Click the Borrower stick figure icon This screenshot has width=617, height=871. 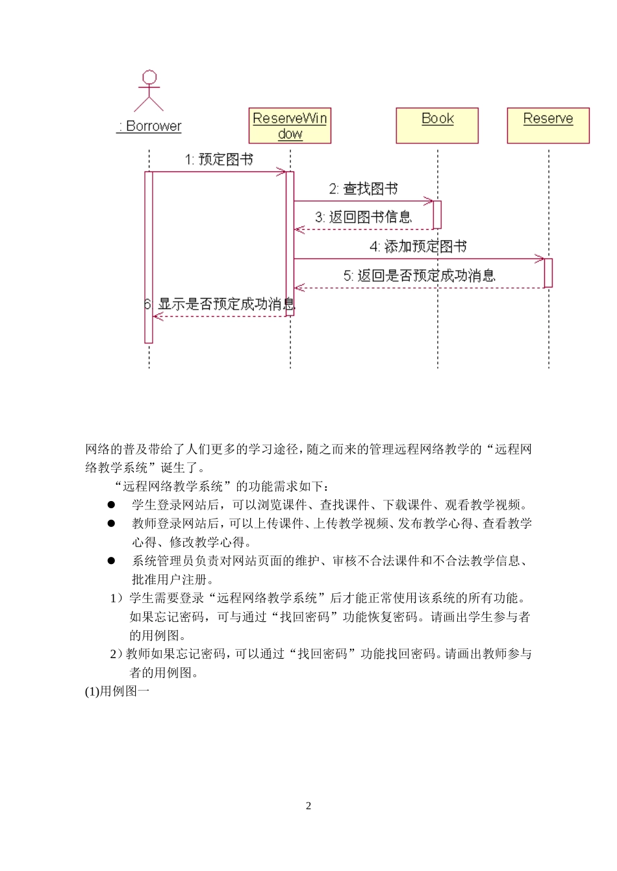pyautogui.click(x=149, y=90)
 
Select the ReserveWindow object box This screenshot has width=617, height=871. pyautogui.click(x=290, y=125)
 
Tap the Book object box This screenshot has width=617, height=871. pyautogui.click(x=437, y=125)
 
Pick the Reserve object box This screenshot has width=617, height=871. pyautogui.click(x=548, y=125)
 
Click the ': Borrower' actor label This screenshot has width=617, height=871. pyautogui.click(x=149, y=126)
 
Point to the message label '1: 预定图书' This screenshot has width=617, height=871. pyautogui.click(x=219, y=160)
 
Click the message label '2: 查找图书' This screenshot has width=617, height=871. pyautogui.click(x=363, y=189)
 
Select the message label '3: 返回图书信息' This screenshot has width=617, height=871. pyautogui.click(x=363, y=217)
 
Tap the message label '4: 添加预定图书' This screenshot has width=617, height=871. pyautogui.click(x=418, y=247)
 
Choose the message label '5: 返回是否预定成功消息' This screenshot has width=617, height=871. pyautogui.click(x=419, y=276)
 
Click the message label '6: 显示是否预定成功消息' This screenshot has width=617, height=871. pyautogui.click(x=220, y=304)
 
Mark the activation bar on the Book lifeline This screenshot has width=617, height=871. pyautogui.click(x=437, y=215)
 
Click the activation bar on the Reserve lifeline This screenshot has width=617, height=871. pyautogui.click(x=548, y=273)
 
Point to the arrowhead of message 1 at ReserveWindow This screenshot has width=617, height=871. pyautogui.click(x=281, y=172)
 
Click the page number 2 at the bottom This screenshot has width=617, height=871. pyautogui.click(x=308, y=806)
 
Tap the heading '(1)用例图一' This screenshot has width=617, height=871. pyautogui.click(x=117, y=691)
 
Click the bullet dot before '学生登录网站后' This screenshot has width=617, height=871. pyautogui.click(x=111, y=504)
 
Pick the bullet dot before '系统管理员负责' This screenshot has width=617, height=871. pyautogui.click(x=111, y=561)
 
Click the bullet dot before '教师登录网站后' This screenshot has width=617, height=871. pyautogui.click(x=111, y=523)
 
